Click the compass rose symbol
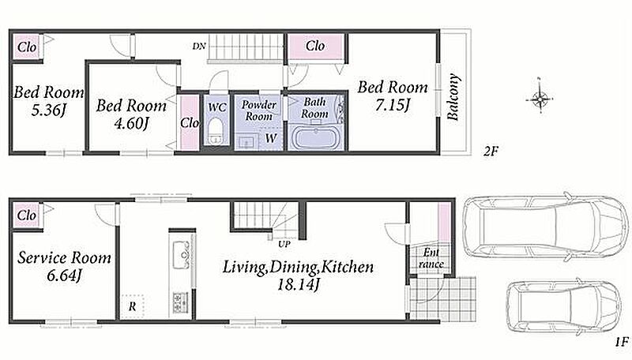[540, 97]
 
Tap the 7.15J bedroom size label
[392, 106]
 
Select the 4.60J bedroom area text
[131, 123]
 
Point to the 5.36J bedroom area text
[48, 110]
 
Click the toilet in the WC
[216, 130]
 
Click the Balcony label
[453, 97]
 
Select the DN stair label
[199, 47]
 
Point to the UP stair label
[284, 244]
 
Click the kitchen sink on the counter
[182, 255]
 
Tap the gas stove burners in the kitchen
[180, 302]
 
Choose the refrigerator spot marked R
[132, 307]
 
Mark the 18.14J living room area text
[299, 284]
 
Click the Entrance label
[431, 258]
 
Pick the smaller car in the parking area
[564, 306]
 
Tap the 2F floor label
[491, 152]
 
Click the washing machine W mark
[271, 138]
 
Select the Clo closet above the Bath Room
[314, 47]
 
